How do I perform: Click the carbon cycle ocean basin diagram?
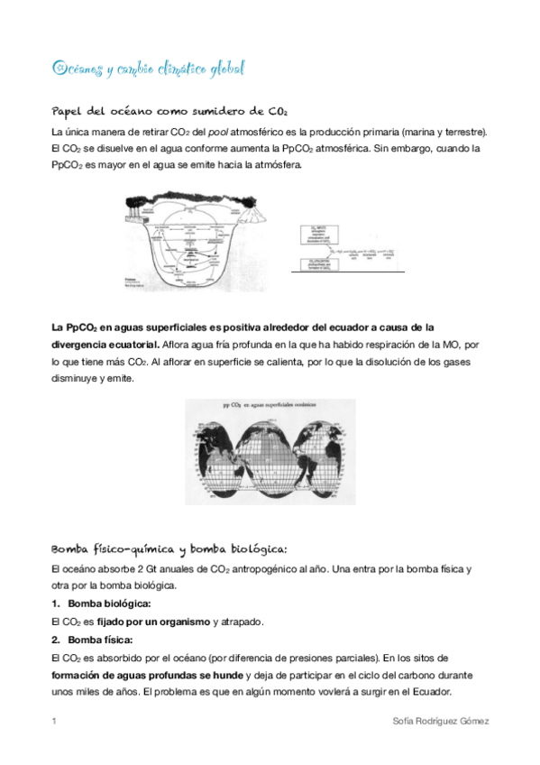(184, 240)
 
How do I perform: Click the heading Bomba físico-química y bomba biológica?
(169, 548)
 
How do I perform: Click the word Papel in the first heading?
(68, 111)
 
